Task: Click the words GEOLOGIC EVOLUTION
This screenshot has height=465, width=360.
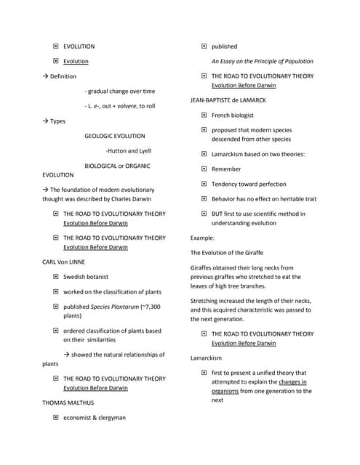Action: [114, 136]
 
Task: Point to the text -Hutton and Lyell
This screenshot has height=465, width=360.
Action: [128, 151]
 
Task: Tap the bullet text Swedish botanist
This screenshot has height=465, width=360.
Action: [89, 277]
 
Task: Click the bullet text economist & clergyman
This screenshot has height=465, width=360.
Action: [95, 418]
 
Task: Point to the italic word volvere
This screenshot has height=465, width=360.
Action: [120, 106]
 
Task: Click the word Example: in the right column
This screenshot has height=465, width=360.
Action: [203, 238]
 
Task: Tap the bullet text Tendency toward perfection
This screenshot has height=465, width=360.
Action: [249, 184]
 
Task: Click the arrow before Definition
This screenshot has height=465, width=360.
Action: [46, 76]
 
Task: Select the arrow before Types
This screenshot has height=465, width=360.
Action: [46, 121]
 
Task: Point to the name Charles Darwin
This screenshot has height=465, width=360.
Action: [141, 198]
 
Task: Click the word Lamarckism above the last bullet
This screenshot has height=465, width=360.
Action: [206, 358]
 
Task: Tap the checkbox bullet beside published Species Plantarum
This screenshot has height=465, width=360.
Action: [56, 307]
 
